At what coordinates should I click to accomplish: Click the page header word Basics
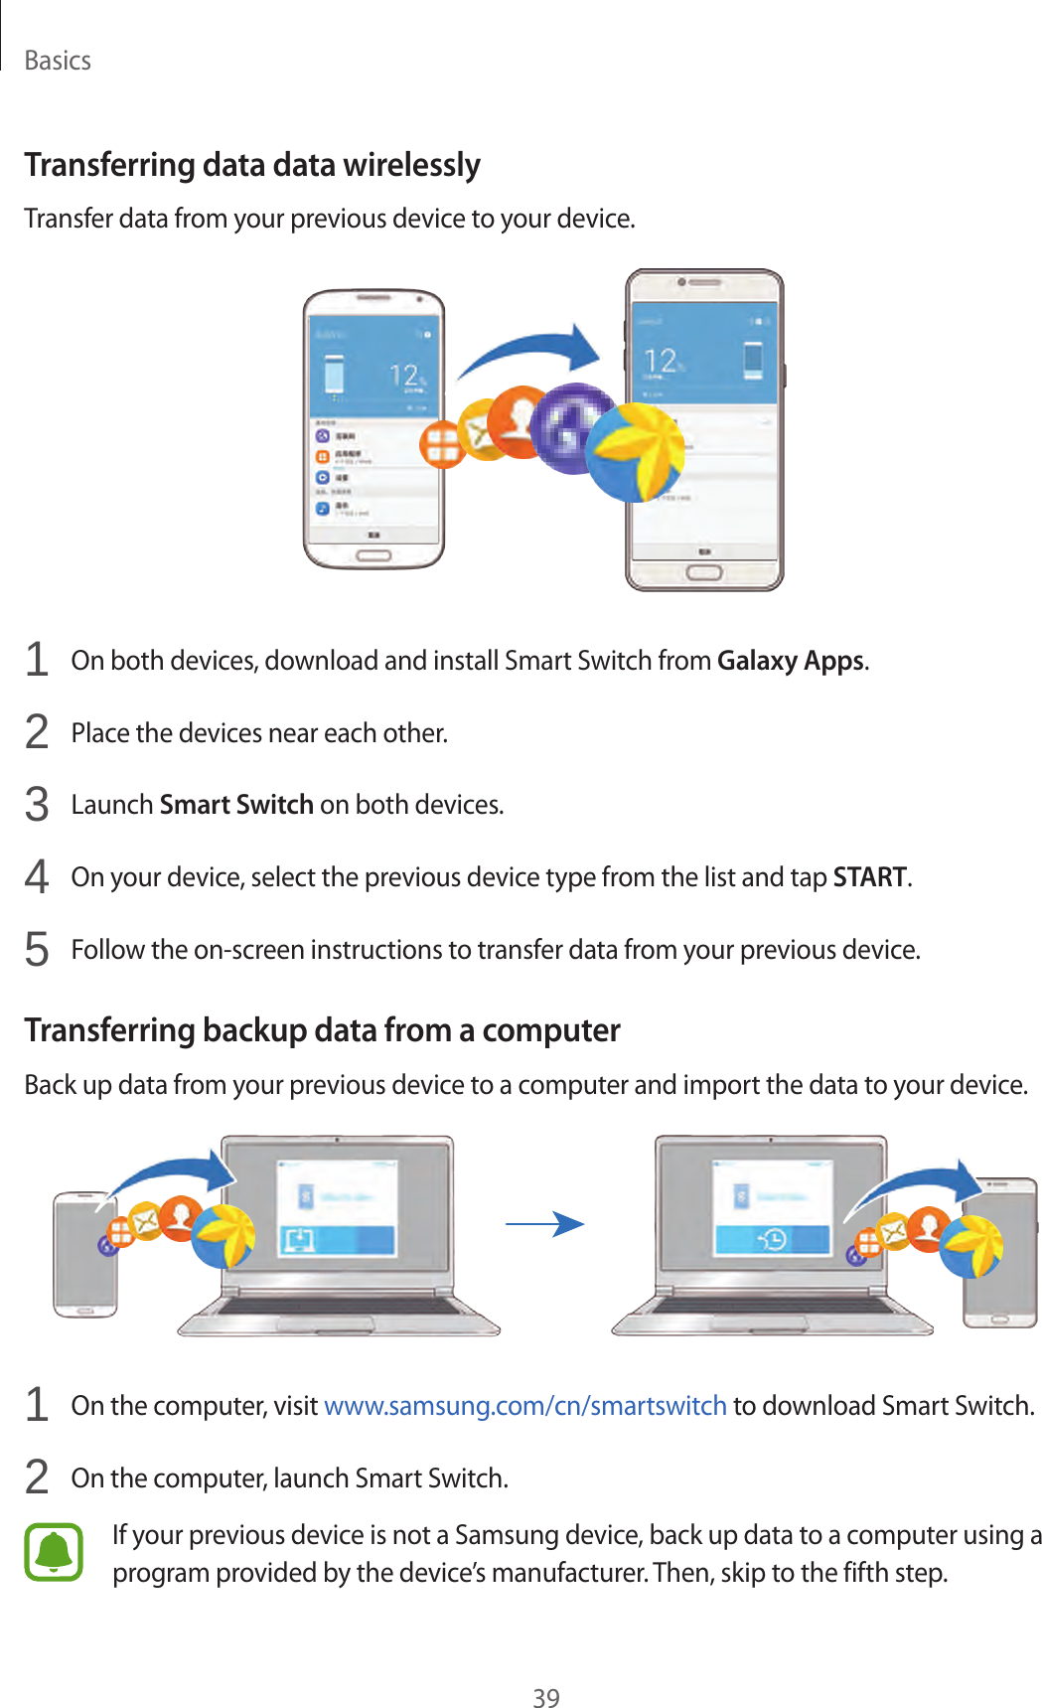pos(58,61)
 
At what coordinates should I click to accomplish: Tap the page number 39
pos(545,1697)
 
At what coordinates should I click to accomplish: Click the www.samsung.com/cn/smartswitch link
pos(525,1406)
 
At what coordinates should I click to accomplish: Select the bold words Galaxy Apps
pos(791,661)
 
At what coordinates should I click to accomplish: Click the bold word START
pos(869,877)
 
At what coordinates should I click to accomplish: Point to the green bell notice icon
pos(54,1552)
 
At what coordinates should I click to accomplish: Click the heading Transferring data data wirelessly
pos(252,165)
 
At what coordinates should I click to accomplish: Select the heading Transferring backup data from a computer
pos(322,1030)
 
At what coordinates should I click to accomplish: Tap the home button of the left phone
pos(373,555)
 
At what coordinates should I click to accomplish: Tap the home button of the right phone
pos(703,573)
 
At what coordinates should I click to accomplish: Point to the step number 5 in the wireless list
pos(37,950)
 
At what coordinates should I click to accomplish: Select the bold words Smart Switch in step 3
pos(236,805)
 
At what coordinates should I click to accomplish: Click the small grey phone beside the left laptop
pos(84,1254)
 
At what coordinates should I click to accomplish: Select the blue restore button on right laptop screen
pos(772,1239)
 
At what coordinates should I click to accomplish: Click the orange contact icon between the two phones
pos(520,422)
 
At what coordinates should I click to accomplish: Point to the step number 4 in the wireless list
pos(37,877)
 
